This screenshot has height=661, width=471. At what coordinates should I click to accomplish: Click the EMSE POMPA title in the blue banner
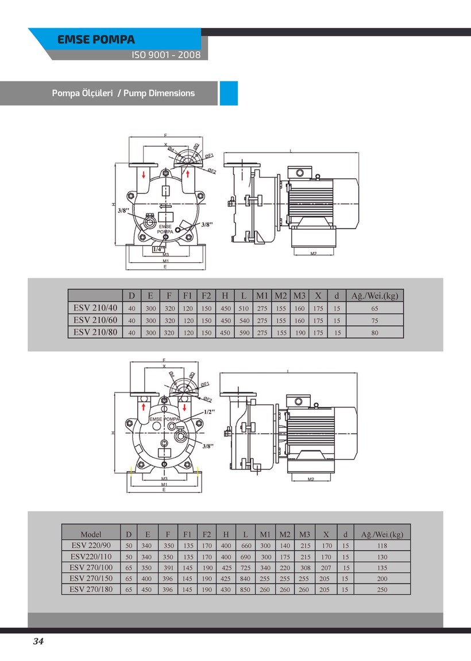tap(96, 40)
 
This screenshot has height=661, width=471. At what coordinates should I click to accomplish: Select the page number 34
tap(38, 641)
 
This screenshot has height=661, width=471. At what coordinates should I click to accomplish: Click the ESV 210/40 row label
tap(95, 308)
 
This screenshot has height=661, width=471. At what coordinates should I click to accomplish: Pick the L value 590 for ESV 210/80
tap(244, 332)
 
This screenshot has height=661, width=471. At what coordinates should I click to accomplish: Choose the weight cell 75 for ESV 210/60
tap(375, 321)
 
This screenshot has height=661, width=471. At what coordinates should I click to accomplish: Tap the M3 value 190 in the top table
tap(300, 332)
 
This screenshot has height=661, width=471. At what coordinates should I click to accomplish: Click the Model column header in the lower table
tap(91, 534)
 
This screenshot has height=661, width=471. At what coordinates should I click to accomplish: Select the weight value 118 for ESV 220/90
tap(382, 546)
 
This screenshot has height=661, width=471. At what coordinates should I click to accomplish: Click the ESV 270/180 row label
tap(91, 589)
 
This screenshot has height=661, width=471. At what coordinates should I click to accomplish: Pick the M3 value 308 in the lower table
tap(305, 567)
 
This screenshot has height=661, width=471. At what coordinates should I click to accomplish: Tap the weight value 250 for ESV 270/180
tap(382, 589)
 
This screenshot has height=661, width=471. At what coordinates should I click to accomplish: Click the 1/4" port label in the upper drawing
tap(158, 249)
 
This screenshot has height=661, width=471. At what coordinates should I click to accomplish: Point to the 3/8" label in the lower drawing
tap(208, 445)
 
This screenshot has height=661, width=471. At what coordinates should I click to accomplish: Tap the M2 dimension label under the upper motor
tap(313, 253)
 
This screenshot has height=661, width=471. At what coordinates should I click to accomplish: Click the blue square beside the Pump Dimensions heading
tap(229, 93)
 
